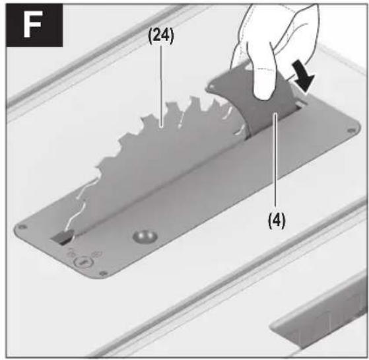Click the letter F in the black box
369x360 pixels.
[x=32, y=24]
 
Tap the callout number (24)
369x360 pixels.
[x=161, y=36]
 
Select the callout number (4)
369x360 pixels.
[x=277, y=221]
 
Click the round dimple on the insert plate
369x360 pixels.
[x=145, y=236]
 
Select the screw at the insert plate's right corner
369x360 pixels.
[x=351, y=130]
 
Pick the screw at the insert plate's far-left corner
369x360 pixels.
[x=22, y=227]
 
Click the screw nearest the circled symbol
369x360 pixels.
[x=103, y=273]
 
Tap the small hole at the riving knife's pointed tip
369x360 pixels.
[x=213, y=87]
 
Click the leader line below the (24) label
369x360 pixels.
[x=161, y=87]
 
